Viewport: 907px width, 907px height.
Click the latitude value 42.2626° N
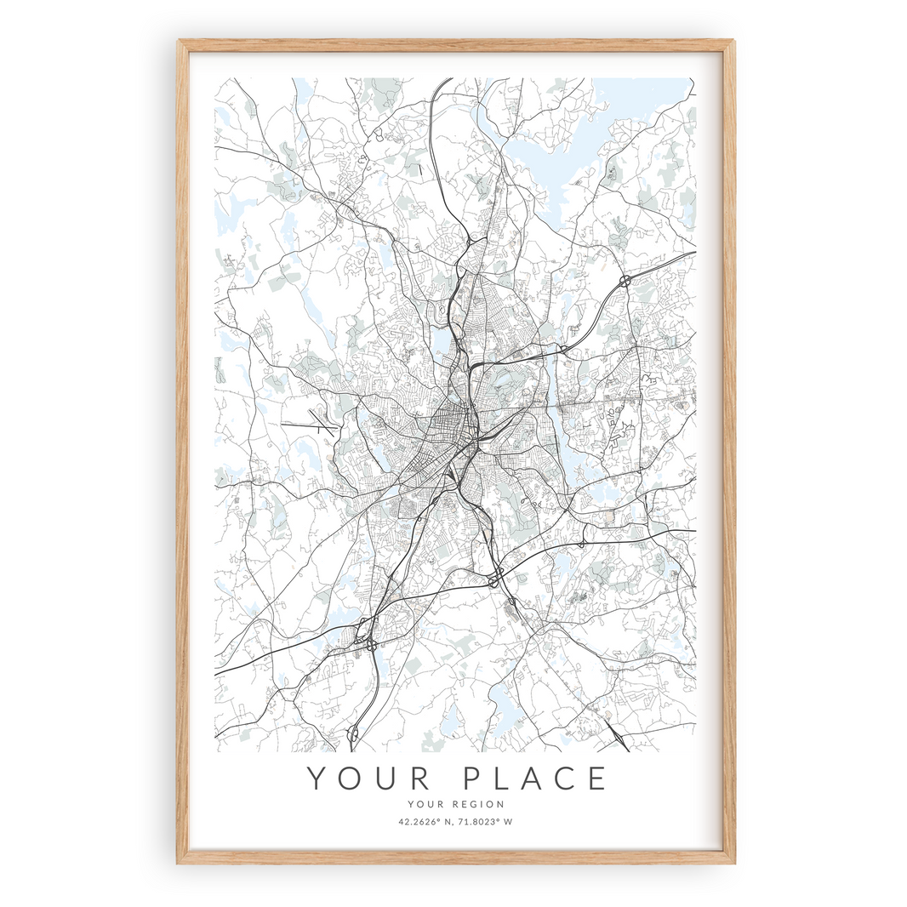pyautogui.click(x=423, y=822)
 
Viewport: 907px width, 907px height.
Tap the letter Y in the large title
pyautogui.click(x=317, y=779)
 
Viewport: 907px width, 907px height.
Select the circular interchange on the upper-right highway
pyautogui.click(x=625, y=280)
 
